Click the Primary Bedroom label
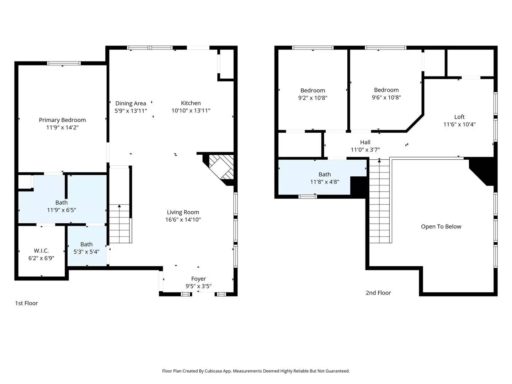[62, 120]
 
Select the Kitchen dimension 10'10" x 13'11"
[191, 111]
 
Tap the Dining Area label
[130, 103]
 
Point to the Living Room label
[183, 212]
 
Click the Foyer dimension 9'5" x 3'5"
[198, 286]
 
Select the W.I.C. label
[41, 251]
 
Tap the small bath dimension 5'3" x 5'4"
[86, 252]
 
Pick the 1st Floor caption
[26, 303]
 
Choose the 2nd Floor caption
[378, 293]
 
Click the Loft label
[459, 117]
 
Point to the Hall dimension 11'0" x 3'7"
[365, 150]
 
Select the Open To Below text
[441, 227]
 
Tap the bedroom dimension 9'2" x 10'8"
[313, 98]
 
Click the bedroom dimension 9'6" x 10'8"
[386, 97]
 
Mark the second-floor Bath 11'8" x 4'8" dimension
[325, 182]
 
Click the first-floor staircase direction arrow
[119, 206]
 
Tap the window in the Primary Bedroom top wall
[64, 63]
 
